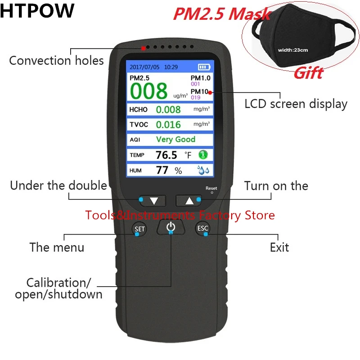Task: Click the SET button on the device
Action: click(x=139, y=229)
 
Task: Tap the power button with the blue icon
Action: click(x=170, y=227)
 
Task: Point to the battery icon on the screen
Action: click(x=204, y=67)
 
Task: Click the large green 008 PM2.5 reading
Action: click(x=149, y=90)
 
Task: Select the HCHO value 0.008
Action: click(x=168, y=109)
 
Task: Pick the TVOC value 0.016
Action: click(x=168, y=125)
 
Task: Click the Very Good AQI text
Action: click(x=175, y=139)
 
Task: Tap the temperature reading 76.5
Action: click(x=166, y=155)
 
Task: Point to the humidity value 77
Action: click(x=162, y=171)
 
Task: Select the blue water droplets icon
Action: click(x=203, y=170)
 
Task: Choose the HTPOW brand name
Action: click(x=37, y=11)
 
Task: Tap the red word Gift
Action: click(x=308, y=73)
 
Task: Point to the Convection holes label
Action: click(x=56, y=60)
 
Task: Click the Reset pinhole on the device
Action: click(x=211, y=193)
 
